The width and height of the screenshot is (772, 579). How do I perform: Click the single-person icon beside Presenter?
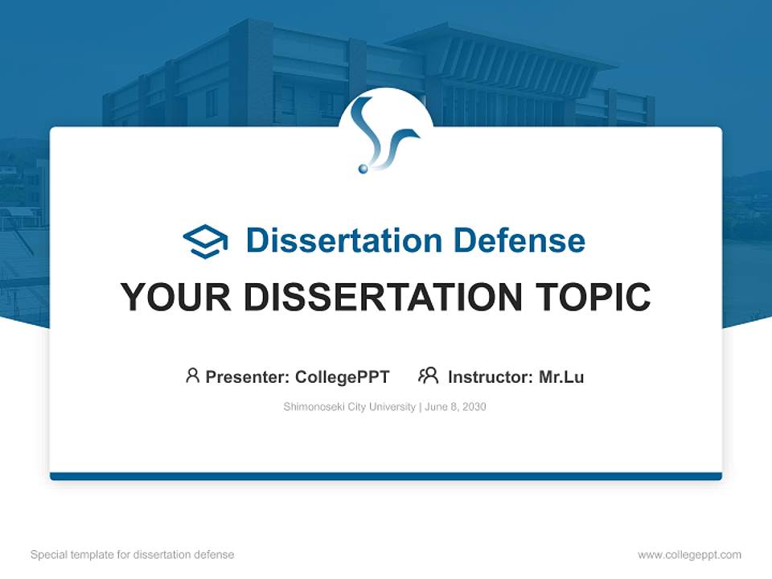coord(192,376)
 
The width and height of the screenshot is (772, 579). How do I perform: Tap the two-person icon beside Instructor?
coord(428,376)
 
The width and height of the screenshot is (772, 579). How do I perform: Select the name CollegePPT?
coord(342,377)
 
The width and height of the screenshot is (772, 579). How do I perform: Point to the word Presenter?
coord(248,377)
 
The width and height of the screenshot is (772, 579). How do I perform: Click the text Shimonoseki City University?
coord(349,407)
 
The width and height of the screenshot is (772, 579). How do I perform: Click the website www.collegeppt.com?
coord(689,555)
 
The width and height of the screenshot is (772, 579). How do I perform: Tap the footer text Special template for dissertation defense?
coord(132,555)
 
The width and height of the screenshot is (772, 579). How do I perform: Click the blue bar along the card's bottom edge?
coord(386,476)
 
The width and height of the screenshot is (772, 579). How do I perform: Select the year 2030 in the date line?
coord(474,407)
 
